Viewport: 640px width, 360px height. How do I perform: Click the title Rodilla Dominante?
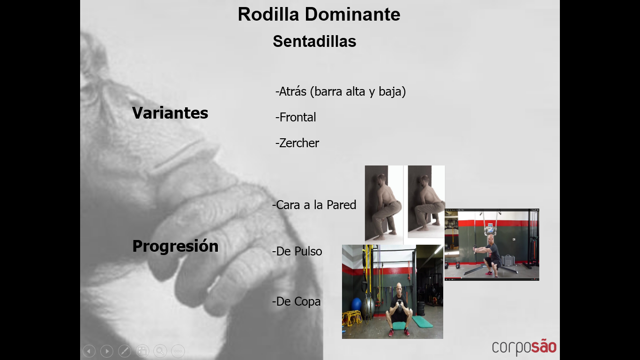pyautogui.click(x=319, y=15)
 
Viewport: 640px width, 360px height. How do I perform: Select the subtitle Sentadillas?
pyautogui.click(x=314, y=41)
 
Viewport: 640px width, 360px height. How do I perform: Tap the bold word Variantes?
pyautogui.click(x=170, y=112)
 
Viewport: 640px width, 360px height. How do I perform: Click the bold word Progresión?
pyautogui.click(x=175, y=246)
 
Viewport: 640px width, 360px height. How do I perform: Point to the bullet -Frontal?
pyautogui.click(x=296, y=117)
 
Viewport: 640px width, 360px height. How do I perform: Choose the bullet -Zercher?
pyautogui.click(x=297, y=143)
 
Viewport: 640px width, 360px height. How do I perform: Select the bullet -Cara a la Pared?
pyautogui.click(x=314, y=205)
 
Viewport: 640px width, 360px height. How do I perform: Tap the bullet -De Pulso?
pyautogui.click(x=297, y=251)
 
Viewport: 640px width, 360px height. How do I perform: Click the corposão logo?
pyautogui.click(x=524, y=347)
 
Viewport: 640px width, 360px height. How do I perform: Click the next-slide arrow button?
pyautogui.click(x=107, y=351)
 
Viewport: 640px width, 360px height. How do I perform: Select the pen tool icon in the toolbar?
pyautogui.click(x=125, y=351)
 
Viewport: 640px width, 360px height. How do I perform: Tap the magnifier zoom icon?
pyautogui.click(x=160, y=351)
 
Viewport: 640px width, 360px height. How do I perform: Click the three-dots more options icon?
pyautogui.click(x=178, y=351)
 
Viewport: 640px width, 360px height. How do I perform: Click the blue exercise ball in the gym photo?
pyautogui.click(x=357, y=306)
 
